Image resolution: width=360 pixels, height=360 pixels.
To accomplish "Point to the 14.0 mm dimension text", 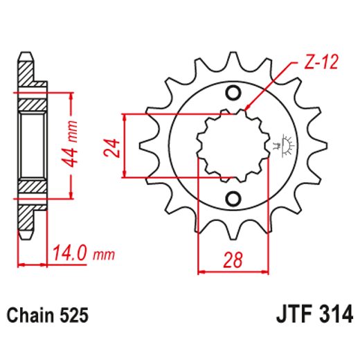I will click(80, 255).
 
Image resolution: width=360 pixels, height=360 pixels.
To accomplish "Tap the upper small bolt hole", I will click(233, 93).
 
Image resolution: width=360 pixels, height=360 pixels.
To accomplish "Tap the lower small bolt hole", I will click(233, 199).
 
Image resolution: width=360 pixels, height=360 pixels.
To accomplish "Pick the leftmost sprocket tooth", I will click(147, 146).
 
